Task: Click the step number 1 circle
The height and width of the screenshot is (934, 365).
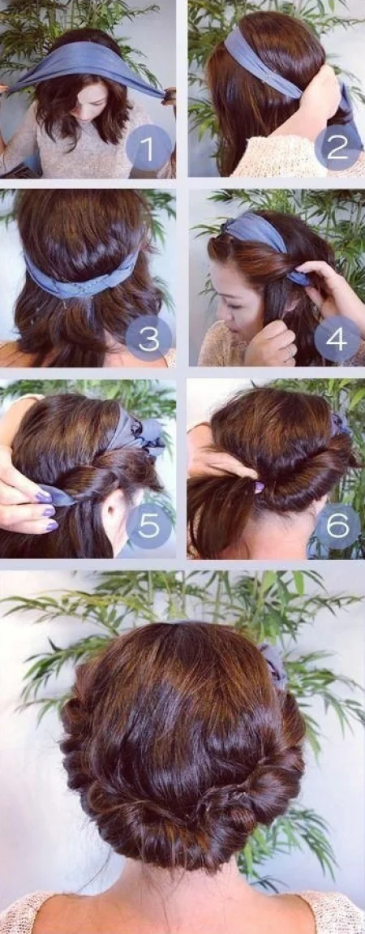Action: coord(149,147)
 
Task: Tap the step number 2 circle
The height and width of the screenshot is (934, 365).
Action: coord(337,147)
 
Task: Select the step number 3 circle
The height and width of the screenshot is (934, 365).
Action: coord(149,339)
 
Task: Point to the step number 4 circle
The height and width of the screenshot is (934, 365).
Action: coord(337,339)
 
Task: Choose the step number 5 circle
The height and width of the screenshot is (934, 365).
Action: coord(149,526)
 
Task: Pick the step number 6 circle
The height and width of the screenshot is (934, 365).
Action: coord(337,526)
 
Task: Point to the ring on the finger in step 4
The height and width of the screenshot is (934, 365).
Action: coord(290,351)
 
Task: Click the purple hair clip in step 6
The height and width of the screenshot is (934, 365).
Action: coord(260,486)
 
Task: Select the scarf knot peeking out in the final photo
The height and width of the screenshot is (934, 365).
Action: coord(274,662)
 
